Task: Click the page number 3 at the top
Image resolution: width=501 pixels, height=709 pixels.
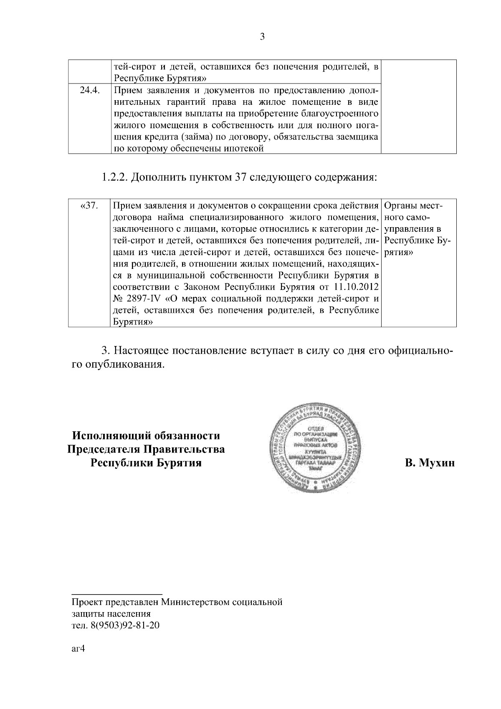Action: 262,37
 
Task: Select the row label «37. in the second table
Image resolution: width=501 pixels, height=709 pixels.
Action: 88,206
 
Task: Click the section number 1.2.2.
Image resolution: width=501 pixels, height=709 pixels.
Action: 114,178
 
